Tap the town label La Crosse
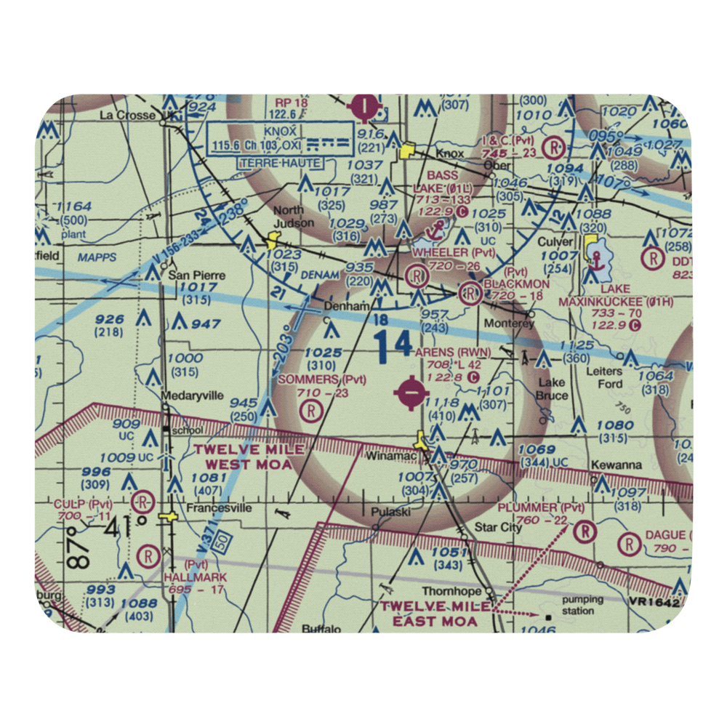point(127,115)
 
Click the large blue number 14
point(393,345)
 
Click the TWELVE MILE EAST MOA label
point(435,614)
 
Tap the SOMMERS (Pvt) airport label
point(322,379)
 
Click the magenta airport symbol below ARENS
point(411,393)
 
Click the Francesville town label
point(212,508)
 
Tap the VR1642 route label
point(659,603)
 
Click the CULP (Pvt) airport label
point(81,504)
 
